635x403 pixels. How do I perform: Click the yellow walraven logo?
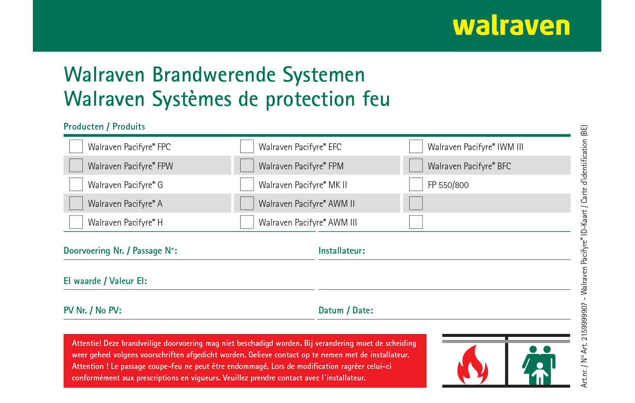click(511, 26)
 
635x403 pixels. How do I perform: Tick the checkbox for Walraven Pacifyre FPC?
click(76, 146)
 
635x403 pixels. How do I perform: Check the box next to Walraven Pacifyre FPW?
click(76, 165)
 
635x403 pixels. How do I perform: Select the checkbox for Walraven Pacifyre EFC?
click(247, 146)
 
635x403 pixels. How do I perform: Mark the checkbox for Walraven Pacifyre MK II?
click(247, 184)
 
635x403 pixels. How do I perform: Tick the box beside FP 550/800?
click(416, 184)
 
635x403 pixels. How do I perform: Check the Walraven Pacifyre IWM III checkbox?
click(416, 146)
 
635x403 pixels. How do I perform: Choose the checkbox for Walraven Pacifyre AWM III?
click(247, 222)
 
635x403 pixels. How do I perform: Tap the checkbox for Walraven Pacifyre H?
click(76, 222)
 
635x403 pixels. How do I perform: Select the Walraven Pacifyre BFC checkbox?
click(416, 165)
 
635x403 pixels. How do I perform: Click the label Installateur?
click(341, 251)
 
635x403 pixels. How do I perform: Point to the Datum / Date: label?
click(346, 310)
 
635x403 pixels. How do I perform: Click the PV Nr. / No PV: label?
click(93, 310)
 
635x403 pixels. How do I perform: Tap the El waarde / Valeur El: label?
click(105, 281)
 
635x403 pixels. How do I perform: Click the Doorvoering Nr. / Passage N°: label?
click(120, 251)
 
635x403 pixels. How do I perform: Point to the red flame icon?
click(472, 365)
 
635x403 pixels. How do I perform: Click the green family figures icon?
click(539, 365)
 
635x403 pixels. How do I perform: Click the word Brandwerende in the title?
click(214, 75)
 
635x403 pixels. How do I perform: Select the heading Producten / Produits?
click(104, 127)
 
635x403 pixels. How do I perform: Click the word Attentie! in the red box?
click(87, 343)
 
